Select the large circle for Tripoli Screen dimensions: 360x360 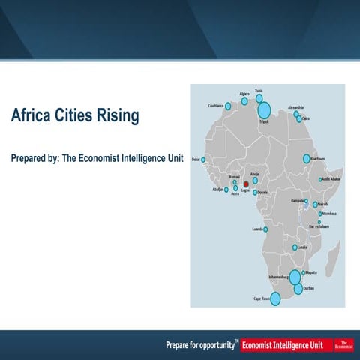263,110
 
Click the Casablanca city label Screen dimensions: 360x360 217,105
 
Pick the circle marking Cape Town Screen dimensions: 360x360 274,298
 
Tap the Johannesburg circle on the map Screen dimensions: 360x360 295,277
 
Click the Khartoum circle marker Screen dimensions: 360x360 306,159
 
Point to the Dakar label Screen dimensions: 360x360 196,160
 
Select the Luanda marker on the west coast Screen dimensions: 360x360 265,229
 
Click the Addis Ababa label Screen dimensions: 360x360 331,180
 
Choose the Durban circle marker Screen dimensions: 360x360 298,288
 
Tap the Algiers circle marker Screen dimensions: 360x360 244,100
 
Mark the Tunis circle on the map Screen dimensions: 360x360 259,98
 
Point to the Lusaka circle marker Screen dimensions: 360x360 295,247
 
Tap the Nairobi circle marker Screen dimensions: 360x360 315,204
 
